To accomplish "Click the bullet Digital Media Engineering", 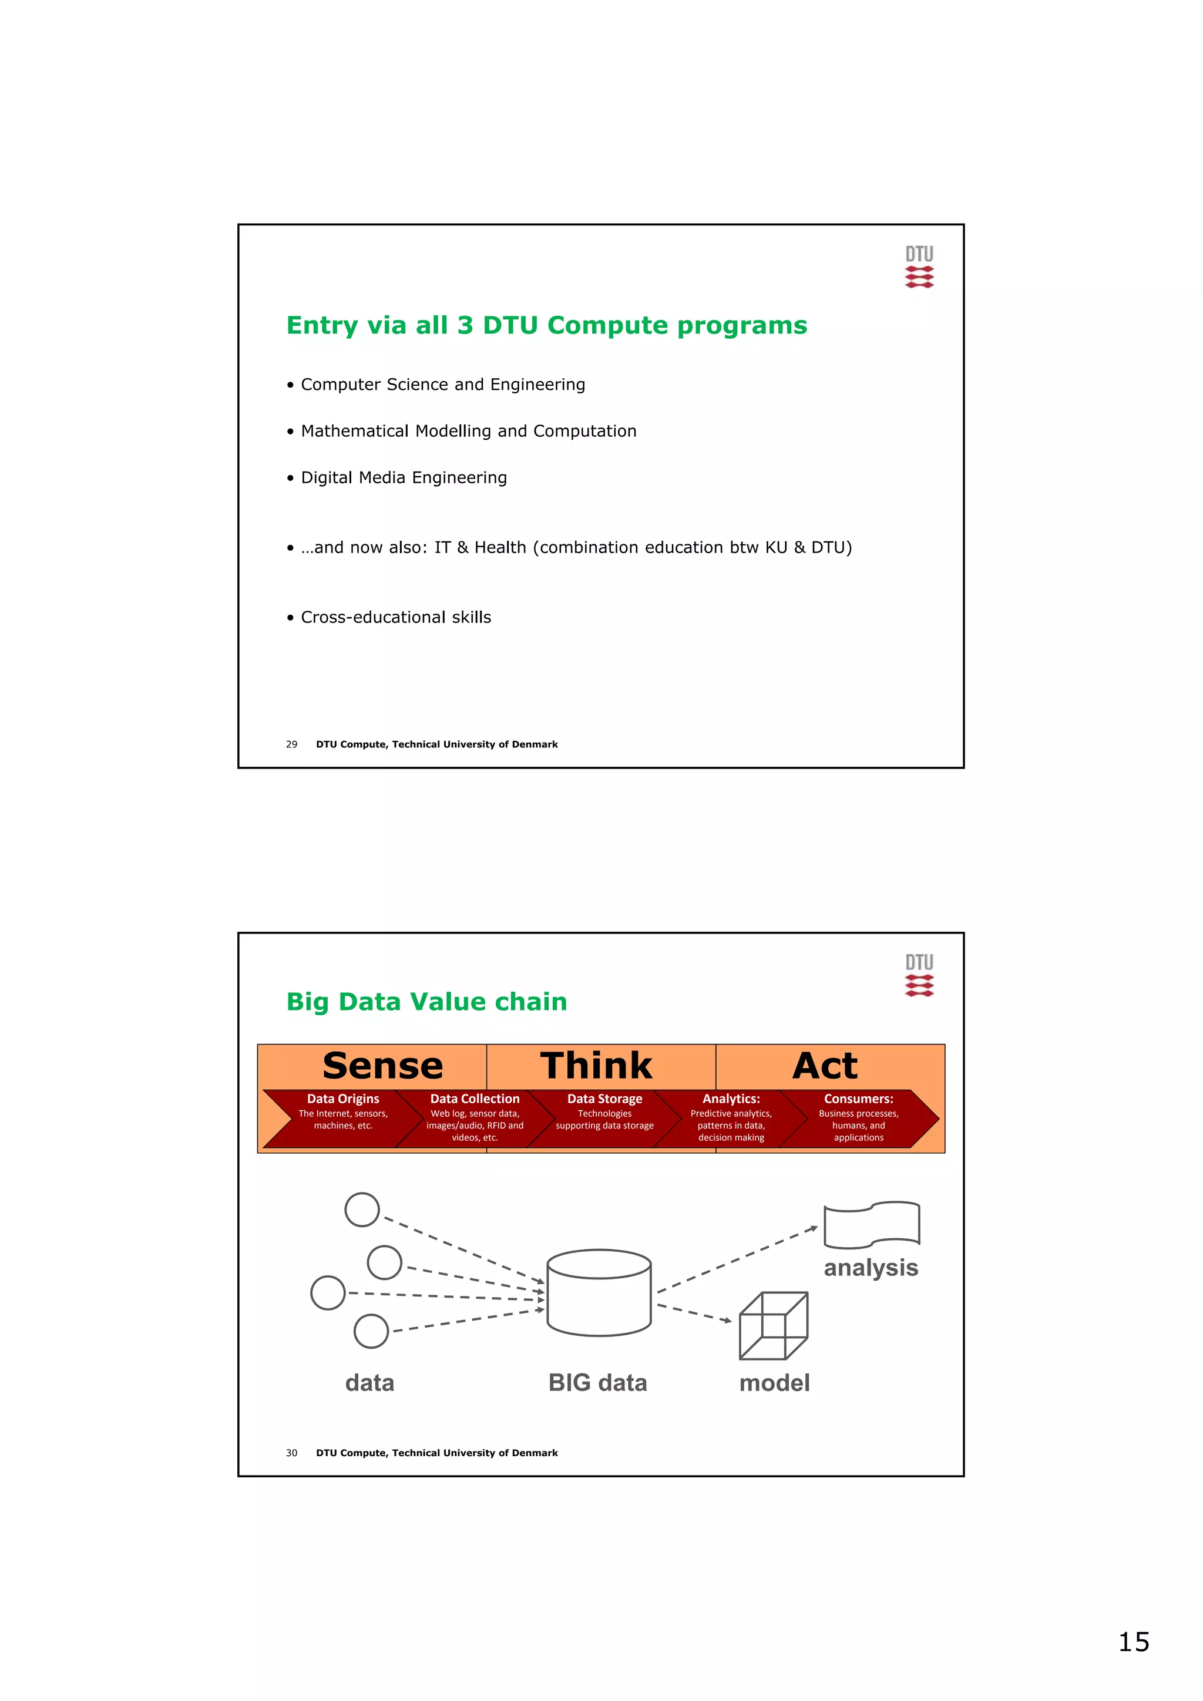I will [x=403, y=478].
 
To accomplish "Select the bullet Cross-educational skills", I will [x=395, y=617].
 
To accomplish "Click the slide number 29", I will [x=291, y=744].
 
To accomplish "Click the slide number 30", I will [x=291, y=1453].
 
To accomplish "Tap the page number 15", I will [x=1133, y=1642].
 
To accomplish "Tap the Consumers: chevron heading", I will [x=858, y=1099].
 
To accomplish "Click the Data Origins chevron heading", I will [x=342, y=1099].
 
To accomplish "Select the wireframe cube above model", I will [x=773, y=1326].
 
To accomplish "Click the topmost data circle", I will [x=362, y=1210].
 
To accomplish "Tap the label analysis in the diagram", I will [x=871, y=1268].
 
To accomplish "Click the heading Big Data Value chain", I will [x=426, y=1002].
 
